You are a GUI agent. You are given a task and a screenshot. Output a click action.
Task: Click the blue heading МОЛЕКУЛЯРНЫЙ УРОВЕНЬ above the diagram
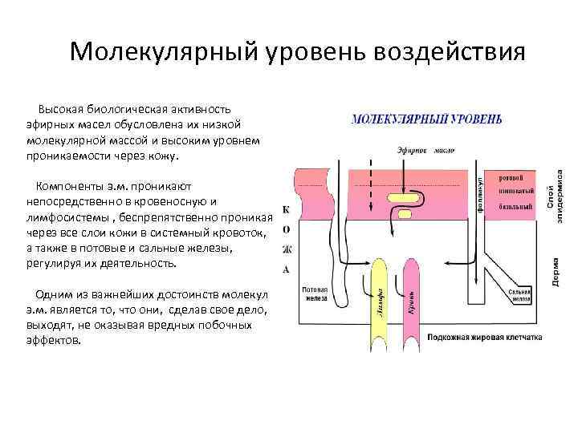click(x=427, y=119)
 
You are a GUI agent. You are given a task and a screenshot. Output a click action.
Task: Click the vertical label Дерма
click(x=556, y=273)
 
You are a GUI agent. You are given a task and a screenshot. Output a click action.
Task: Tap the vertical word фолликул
click(x=479, y=192)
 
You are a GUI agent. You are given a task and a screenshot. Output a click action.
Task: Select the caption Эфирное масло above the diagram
click(x=425, y=150)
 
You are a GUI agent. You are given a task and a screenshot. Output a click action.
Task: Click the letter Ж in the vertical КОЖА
click(x=287, y=249)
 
